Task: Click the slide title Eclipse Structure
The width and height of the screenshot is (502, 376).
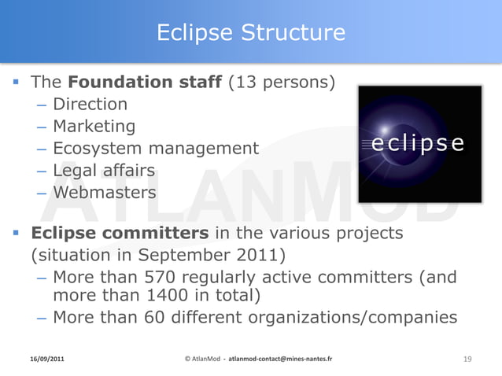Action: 250,32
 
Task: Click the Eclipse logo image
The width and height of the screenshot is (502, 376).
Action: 419,144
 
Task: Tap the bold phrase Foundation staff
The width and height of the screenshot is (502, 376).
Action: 146,82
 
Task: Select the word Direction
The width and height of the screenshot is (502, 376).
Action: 90,104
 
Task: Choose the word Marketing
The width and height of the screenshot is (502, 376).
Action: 94,126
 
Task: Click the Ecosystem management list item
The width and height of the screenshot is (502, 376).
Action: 155,148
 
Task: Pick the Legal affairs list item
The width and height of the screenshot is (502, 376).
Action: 104,170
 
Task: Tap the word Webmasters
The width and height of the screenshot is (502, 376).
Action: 105,192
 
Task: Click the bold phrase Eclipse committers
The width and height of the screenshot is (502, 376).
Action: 120,234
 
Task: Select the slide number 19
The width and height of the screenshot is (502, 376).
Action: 467,359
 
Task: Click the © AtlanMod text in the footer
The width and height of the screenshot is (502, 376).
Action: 202,359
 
